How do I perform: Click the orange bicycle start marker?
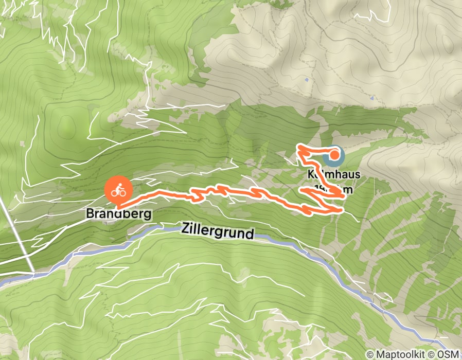point(118,191)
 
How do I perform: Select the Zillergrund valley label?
point(218,231)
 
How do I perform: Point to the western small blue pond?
point(307,80)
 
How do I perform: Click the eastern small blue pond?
point(371,98)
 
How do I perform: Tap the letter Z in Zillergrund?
point(185,229)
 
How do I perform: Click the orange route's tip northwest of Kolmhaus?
point(298,148)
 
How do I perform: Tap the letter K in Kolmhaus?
point(311,175)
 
